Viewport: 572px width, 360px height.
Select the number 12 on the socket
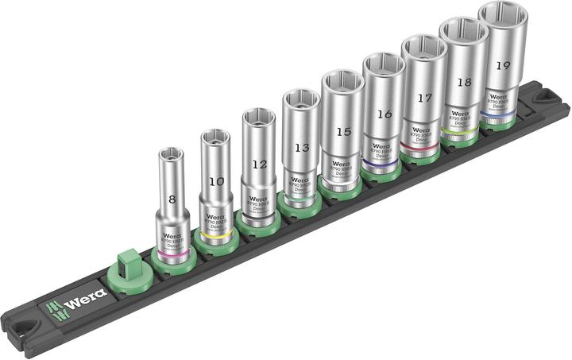(x=259, y=165)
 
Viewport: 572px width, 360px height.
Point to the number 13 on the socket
(x=300, y=147)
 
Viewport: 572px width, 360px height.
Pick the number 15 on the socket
(x=342, y=130)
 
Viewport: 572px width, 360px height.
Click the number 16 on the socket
(x=384, y=114)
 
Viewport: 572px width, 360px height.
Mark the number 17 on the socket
(x=424, y=99)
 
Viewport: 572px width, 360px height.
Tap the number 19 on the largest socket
(x=503, y=66)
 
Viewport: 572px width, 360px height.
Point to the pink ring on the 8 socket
(x=172, y=253)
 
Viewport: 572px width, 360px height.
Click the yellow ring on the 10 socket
(x=214, y=236)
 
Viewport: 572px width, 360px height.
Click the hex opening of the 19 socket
(x=504, y=17)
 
